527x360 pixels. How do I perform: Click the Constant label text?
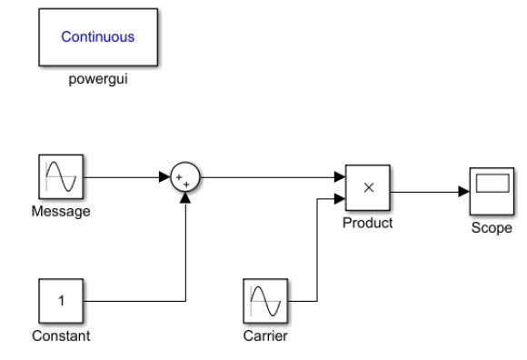click(61, 336)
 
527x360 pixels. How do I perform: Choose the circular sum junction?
click(185, 178)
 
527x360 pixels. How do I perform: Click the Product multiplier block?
click(367, 187)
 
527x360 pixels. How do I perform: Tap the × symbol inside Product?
click(367, 187)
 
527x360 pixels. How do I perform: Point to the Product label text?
click(367, 222)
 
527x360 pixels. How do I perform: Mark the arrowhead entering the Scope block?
click(463, 190)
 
